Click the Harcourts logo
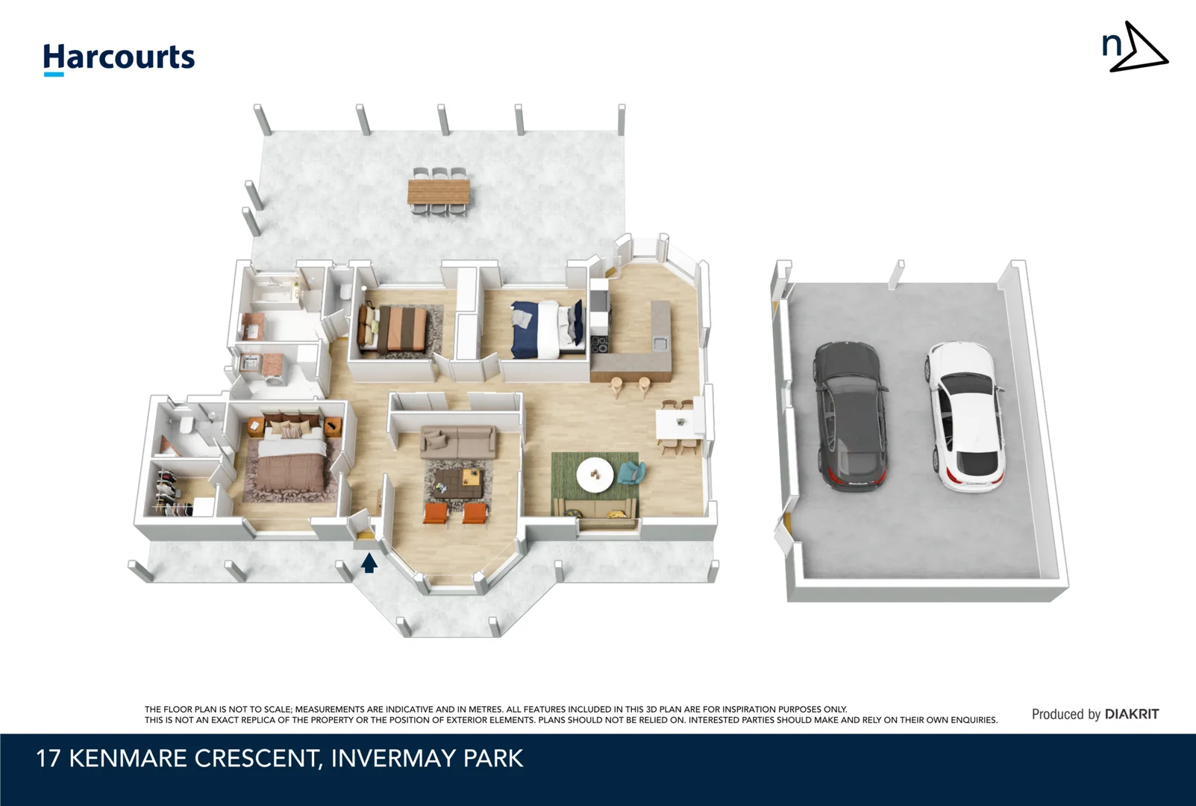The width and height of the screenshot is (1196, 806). [119, 57]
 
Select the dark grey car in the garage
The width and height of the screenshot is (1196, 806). [850, 414]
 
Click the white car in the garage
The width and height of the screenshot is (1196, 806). [965, 416]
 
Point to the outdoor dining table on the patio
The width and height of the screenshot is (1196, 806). [439, 191]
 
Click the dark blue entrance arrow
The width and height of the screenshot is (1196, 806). [369, 563]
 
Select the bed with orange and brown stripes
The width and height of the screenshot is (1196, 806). [395, 329]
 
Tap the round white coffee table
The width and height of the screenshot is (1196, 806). [595, 474]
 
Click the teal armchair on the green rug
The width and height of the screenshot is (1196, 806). [631, 472]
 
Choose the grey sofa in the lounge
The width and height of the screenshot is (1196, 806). [457, 442]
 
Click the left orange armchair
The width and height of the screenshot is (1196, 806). [436, 513]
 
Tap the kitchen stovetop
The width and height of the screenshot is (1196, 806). [599, 345]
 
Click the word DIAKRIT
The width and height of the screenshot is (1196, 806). [1131, 714]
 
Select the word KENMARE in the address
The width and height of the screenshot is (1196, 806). [128, 758]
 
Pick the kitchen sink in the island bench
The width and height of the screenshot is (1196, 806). [660, 343]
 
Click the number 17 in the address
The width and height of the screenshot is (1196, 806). [48, 758]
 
